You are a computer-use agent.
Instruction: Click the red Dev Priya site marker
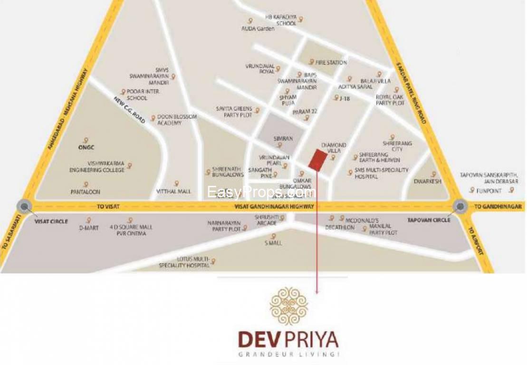(x=317, y=159)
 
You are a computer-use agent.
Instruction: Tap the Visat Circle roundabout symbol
(x=23, y=206)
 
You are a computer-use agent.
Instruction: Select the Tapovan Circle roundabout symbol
(x=460, y=206)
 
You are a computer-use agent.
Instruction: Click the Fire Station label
(x=331, y=62)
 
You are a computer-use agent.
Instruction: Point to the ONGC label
(x=84, y=147)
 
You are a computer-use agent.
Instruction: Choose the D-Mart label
(x=89, y=228)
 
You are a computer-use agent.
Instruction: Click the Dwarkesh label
(x=428, y=181)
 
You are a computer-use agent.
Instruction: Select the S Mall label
(x=273, y=243)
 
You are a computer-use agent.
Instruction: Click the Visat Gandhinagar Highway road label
(x=274, y=207)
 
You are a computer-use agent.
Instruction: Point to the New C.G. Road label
(x=129, y=110)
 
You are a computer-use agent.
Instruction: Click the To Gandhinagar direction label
(x=499, y=207)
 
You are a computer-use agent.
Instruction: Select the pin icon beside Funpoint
(x=472, y=190)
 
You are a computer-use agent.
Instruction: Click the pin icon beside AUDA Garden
(x=250, y=21)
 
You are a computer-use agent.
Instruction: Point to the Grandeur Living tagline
(x=289, y=355)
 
